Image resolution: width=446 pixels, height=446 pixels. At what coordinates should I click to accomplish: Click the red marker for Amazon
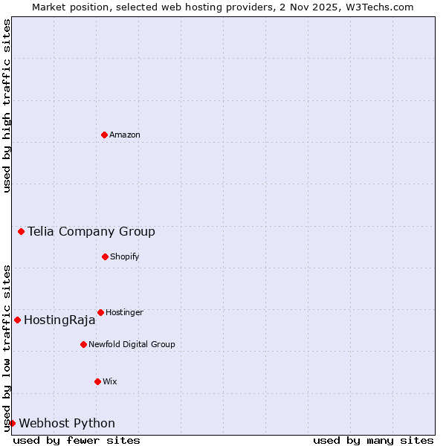[104, 135]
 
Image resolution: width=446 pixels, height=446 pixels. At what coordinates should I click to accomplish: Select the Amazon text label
[125, 135]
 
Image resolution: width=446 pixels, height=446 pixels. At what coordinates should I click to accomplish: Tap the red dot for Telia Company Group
[22, 231]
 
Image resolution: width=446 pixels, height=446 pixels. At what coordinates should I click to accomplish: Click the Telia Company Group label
[91, 231]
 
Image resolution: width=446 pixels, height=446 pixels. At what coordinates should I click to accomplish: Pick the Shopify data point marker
[105, 256]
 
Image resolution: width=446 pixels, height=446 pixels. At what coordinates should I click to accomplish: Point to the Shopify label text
[125, 256]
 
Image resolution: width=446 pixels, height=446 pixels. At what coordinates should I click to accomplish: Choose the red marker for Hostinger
[100, 312]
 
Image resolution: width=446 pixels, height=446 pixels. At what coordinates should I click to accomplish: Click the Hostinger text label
[124, 312]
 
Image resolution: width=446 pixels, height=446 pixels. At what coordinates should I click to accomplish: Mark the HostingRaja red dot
[17, 320]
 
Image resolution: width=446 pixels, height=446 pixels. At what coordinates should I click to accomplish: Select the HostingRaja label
[59, 320]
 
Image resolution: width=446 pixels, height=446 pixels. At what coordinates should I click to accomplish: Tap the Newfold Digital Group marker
[83, 344]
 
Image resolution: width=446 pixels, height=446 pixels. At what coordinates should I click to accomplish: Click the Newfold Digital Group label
[132, 344]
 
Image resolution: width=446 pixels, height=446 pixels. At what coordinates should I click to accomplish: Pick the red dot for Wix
[97, 381]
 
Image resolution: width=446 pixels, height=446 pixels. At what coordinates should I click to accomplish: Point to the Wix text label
[110, 381]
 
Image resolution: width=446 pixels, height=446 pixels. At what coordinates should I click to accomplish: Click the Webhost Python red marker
[12, 423]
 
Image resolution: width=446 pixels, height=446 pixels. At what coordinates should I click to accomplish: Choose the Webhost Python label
[67, 424]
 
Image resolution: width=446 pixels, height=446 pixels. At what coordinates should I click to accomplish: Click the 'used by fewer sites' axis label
[77, 440]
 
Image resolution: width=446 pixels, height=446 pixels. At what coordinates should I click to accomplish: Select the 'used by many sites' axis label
[373, 440]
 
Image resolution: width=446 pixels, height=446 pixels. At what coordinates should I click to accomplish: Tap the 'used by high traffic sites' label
[7, 106]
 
